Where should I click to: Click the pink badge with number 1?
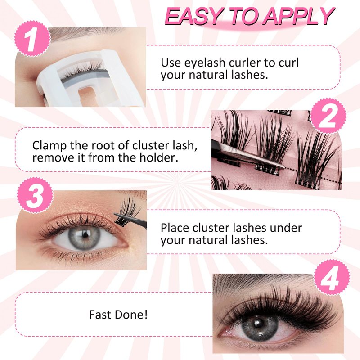(x=32, y=39)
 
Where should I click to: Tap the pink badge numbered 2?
(x=328, y=116)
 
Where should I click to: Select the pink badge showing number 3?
(x=35, y=195)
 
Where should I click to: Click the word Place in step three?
(x=175, y=228)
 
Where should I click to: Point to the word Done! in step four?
(x=131, y=315)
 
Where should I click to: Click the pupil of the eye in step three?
(x=85, y=234)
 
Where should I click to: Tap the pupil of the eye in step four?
(x=259, y=324)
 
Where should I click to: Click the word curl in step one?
(x=289, y=63)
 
